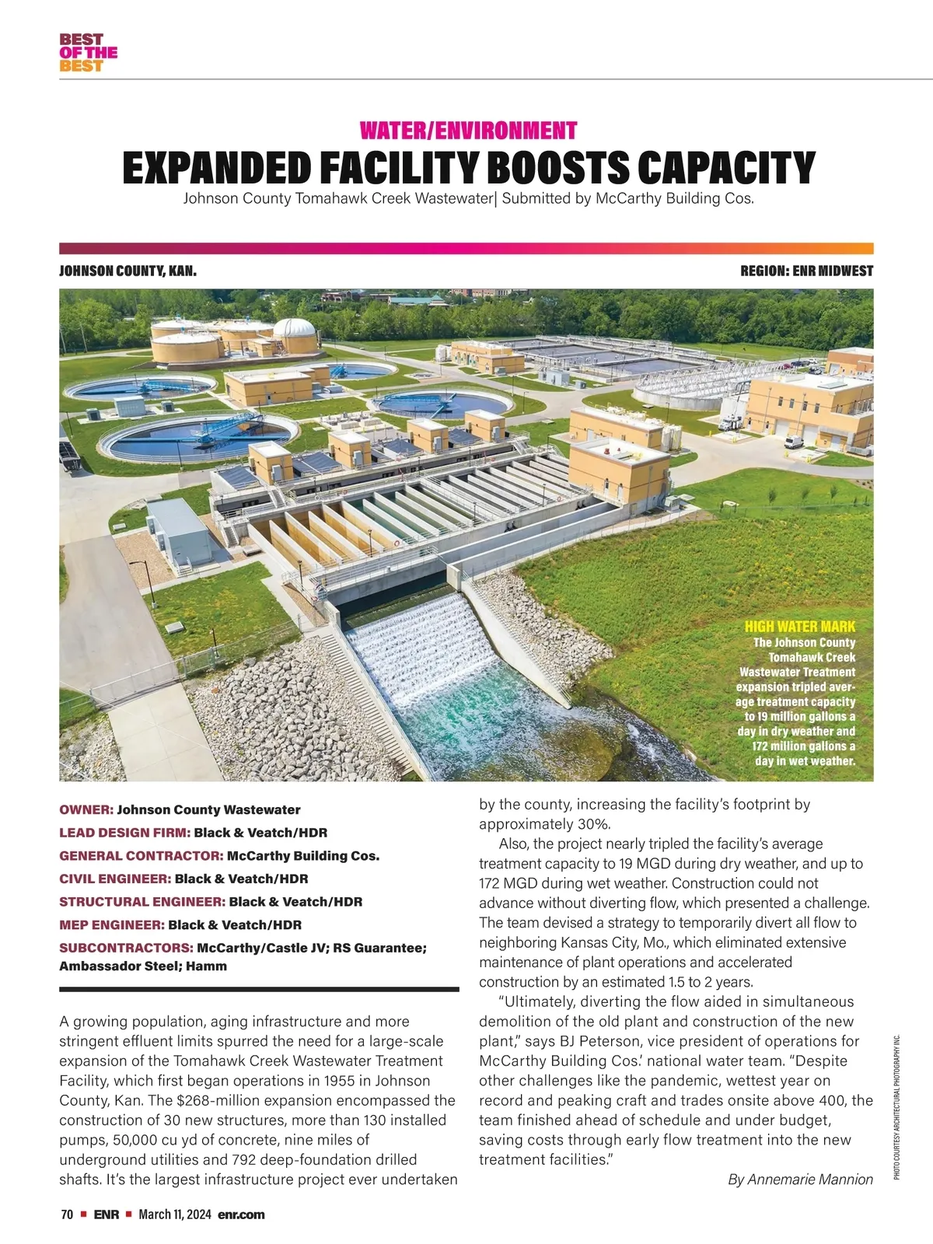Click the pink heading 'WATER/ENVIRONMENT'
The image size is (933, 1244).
pyautogui.click(x=468, y=130)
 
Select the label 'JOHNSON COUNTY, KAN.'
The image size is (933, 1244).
pyautogui.click(x=128, y=271)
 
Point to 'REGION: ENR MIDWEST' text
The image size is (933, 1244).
pyautogui.click(x=807, y=271)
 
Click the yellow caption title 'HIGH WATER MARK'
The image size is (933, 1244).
pyautogui.click(x=799, y=627)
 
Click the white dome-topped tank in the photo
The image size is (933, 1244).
pyautogui.click(x=295, y=334)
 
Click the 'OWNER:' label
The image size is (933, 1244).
pyautogui.click(x=86, y=809)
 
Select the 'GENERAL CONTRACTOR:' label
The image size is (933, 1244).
pyautogui.click(x=142, y=855)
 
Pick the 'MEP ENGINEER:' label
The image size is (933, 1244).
pyautogui.click(x=112, y=924)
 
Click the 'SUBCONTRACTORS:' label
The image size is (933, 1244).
pyautogui.click(x=126, y=948)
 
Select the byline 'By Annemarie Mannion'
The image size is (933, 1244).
pyautogui.click(x=800, y=1179)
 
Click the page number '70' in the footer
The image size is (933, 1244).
pyautogui.click(x=67, y=1214)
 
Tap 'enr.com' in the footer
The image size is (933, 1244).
pyautogui.click(x=241, y=1214)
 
